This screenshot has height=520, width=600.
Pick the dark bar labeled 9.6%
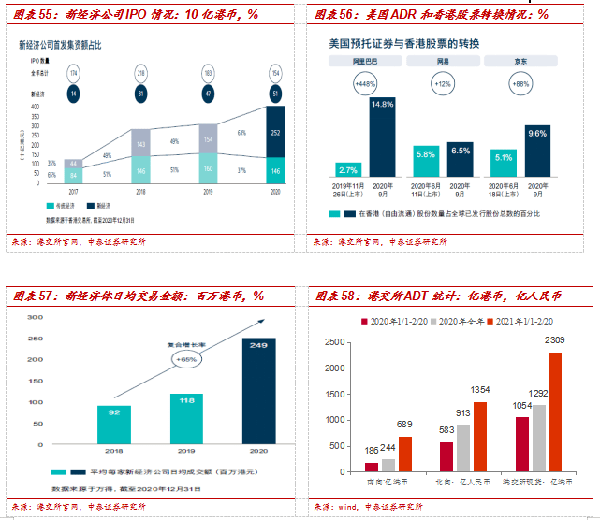pyautogui.click(x=537, y=153)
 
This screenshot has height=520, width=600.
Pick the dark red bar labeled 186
pyautogui.click(x=372, y=465)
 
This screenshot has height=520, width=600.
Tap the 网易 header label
pyautogui.click(x=442, y=61)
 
